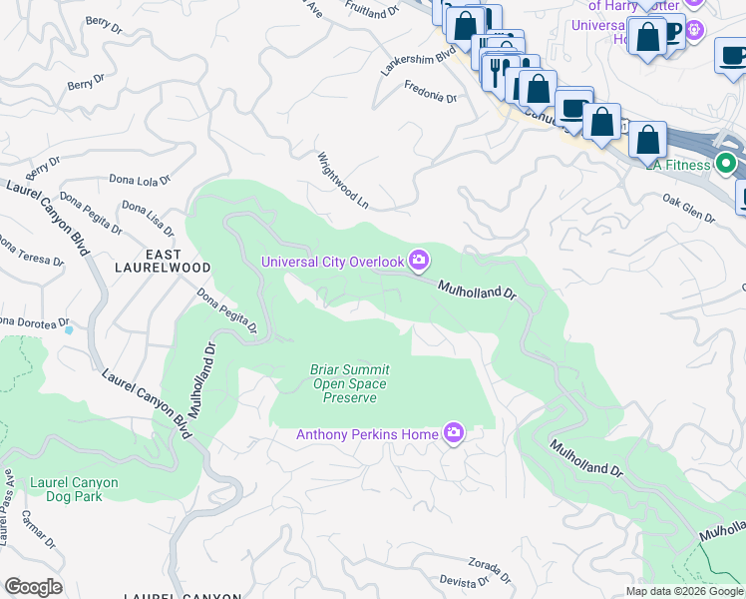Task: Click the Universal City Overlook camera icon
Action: (x=419, y=262)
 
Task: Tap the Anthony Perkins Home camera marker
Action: (x=454, y=433)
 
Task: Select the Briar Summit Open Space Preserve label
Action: (x=349, y=383)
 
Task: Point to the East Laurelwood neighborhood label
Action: (x=163, y=262)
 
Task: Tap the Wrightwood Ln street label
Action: (x=343, y=181)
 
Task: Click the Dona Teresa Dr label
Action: (x=31, y=251)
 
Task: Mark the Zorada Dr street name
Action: (x=488, y=570)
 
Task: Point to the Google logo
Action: (x=33, y=587)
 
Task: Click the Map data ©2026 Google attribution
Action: (x=683, y=591)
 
